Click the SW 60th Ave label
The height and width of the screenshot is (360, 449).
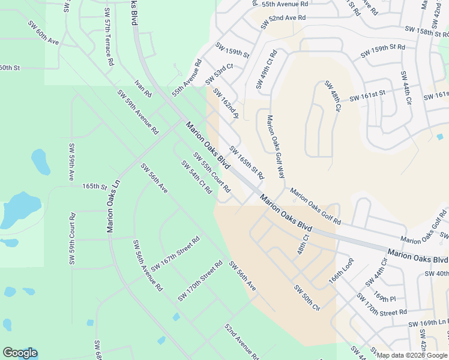[x=43, y=34]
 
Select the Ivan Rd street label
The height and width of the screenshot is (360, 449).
[x=143, y=88]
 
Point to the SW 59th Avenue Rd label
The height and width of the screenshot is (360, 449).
[x=137, y=112]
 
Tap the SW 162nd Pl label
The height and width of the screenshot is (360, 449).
[x=226, y=104]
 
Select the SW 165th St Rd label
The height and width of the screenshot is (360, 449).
[x=247, y=164]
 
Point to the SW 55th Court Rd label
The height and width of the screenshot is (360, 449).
[x=211, y=172]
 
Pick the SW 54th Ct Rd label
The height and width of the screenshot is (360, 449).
[x=196, y=176]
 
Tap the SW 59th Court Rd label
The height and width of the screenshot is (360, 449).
[x=72, y=239]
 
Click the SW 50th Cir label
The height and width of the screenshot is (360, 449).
[x=307, y=297]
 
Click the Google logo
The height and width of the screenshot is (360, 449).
[x=20, y=353]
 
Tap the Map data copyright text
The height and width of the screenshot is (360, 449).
[x=412, y=355]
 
